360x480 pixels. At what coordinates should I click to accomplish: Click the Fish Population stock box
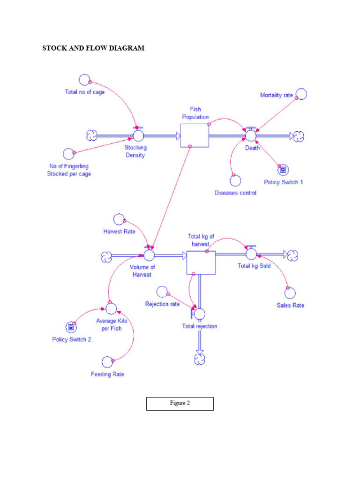coord(195,135)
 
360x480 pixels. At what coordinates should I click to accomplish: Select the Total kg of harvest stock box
coord(201,262)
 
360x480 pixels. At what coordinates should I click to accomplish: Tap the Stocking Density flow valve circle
coord(138,135)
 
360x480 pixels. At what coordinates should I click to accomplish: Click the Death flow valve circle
coord(251,135)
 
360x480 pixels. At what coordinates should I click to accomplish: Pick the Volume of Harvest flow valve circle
coord(149,255)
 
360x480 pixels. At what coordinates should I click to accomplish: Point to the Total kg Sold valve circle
coord(251,254)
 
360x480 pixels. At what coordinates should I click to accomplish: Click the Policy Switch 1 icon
coord(282,169)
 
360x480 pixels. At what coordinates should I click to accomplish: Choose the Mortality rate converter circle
coord(300,94)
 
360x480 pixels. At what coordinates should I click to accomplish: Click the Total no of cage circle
coord(84,80)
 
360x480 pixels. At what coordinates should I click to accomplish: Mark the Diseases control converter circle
coord(234,180)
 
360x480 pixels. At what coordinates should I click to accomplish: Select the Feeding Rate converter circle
coord(108,362)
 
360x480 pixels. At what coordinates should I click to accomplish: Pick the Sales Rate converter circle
coord(291,293)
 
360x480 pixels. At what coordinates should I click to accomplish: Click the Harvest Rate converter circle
coord(120,219)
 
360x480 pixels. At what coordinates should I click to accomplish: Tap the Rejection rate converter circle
coord(162,292)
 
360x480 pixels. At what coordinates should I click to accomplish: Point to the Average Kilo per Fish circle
coord(111,308)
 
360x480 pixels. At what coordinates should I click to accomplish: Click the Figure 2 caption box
coord(180,404)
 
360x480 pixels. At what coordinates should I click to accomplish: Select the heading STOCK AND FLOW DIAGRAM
coord(93,48)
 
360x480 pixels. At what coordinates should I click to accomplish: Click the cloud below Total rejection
coord(200,359)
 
